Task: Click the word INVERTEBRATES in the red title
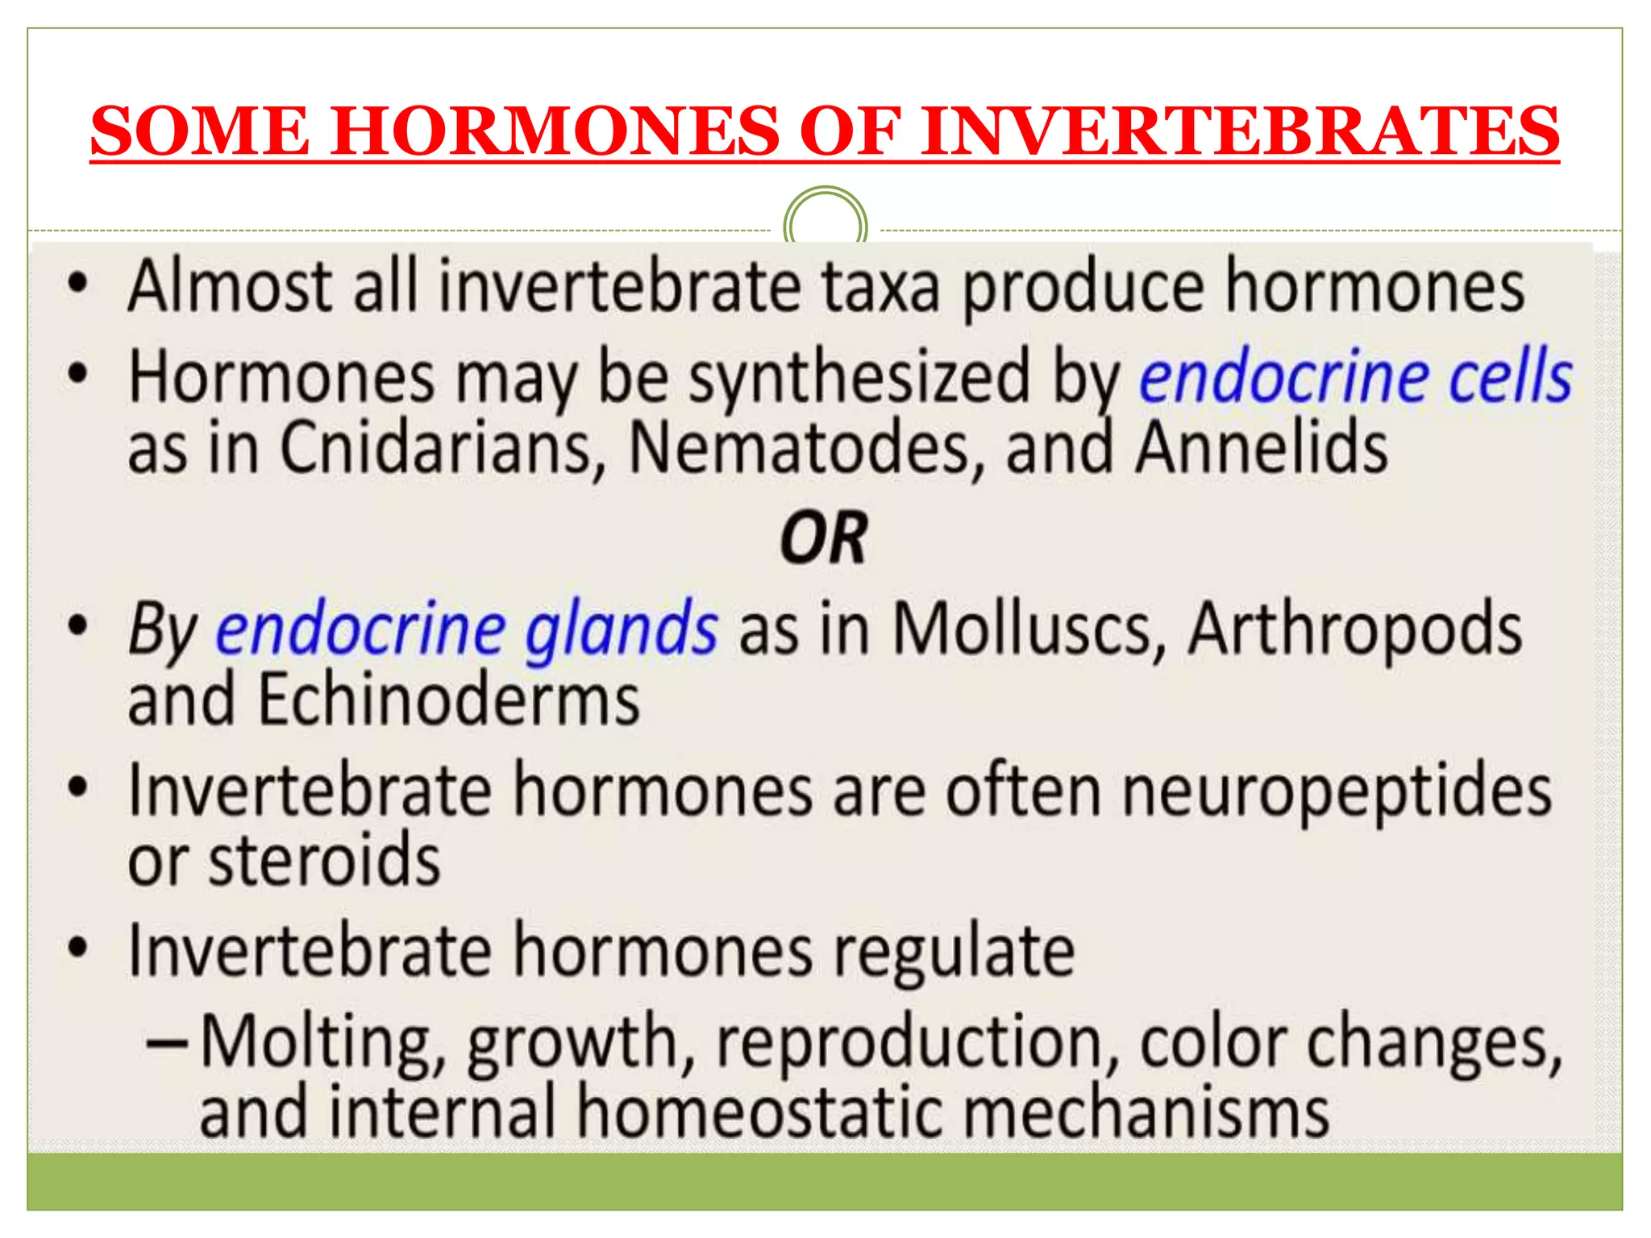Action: (x=1240, y=131)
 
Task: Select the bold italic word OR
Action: (x=824, y=538)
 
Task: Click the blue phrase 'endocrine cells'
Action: (x=1355, y=377)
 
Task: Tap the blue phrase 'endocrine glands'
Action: (x=466, y=630)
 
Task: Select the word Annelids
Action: (x=1261, y=449)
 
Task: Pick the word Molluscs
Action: (x=1029, y=630)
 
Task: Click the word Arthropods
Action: (x=1355, y=630)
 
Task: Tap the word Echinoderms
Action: (x=448, y=700)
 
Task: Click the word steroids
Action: (x=324, y=861)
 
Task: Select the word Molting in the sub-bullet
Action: (x=321, y=1045)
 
